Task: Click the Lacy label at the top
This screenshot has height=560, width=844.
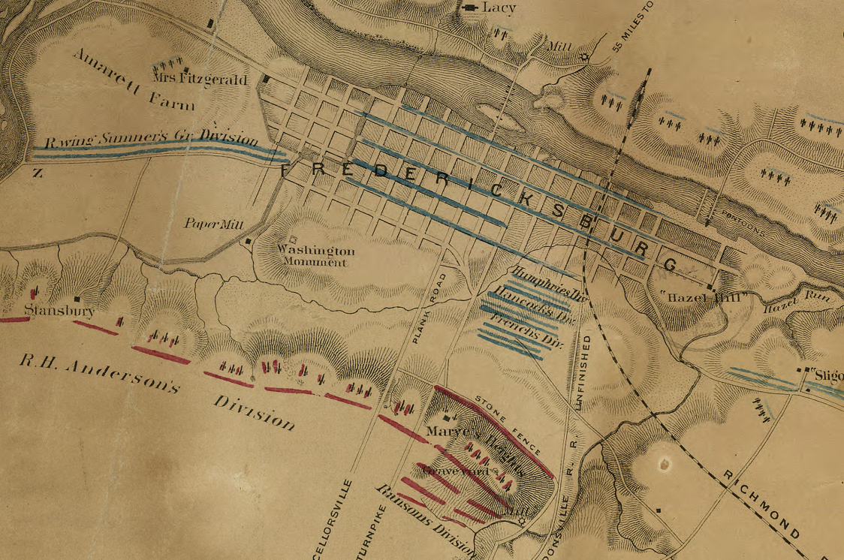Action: tap(499, 7)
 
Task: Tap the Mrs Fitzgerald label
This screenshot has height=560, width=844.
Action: tap(200, 78)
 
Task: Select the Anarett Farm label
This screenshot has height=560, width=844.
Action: tap(133, 80)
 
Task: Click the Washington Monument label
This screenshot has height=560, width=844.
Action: tap(315, 256)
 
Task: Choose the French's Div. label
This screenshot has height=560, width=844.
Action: tap(526, 331)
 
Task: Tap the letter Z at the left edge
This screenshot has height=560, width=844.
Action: tap(37, 173)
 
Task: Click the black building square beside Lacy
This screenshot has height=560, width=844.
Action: tap(471, 8)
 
